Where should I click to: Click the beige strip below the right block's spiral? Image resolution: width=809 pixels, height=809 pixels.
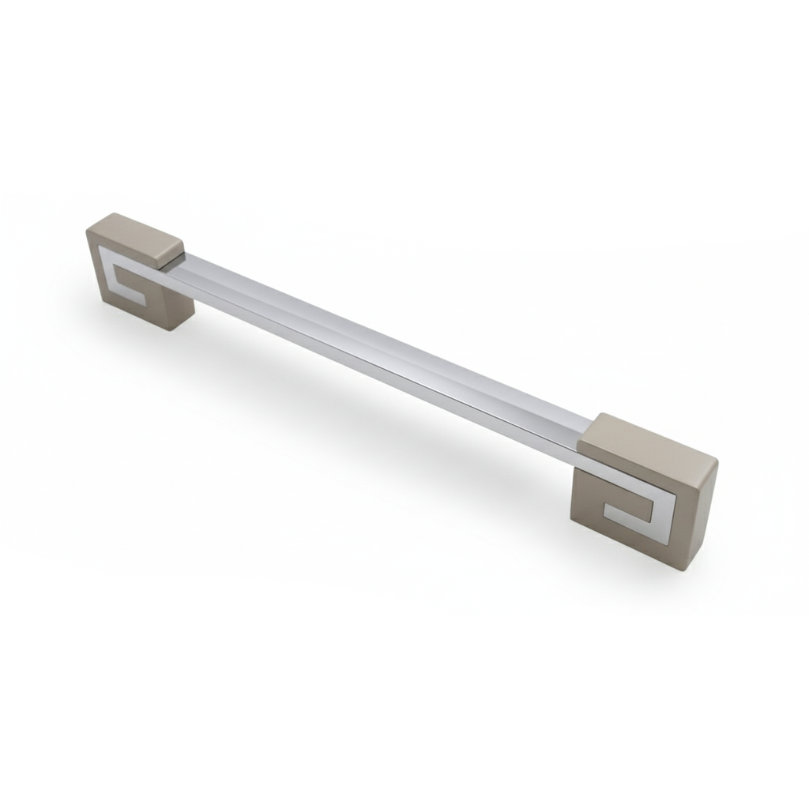coord(624,545)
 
